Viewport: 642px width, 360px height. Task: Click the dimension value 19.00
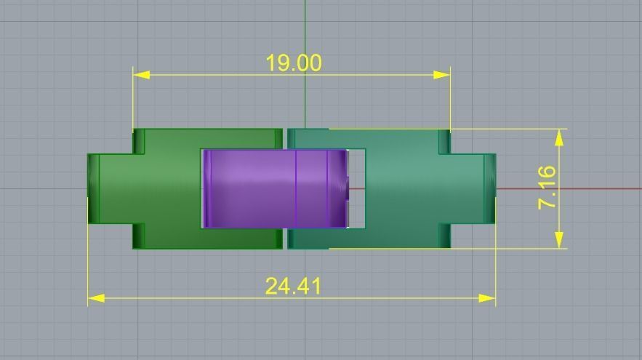coord(293,63)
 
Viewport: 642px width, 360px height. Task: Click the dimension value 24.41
coord(292,286)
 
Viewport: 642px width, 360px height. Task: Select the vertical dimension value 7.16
coord(547,188)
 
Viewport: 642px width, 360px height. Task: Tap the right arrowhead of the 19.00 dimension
coord(442,75)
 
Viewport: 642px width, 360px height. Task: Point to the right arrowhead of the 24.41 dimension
coord(488,297)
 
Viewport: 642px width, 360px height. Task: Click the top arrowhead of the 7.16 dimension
coord(560,137)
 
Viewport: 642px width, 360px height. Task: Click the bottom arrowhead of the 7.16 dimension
coord(560,240)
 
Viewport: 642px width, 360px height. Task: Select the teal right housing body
coord(414,189)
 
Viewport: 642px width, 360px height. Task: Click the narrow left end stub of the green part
coord(94,189)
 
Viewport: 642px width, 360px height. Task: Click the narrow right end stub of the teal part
coord(490,189)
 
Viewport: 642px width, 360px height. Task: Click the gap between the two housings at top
coord(285,138)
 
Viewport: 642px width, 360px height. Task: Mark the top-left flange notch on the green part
coord(139,142)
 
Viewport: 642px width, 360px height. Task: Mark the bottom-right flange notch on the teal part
coord(444,236)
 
